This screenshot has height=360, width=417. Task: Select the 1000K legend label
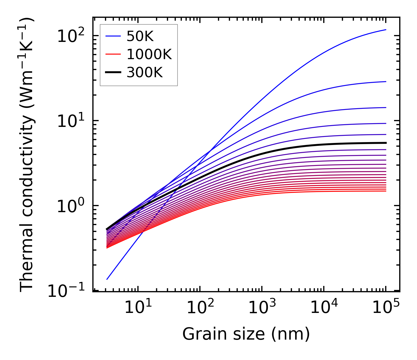(x=149, y=54)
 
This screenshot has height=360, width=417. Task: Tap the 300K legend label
(x=145, y=73)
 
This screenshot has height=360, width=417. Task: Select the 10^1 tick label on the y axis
(x=70, y=121)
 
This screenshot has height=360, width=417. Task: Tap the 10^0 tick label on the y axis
(x=70, y=206)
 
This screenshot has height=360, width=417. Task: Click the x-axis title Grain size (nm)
(x=246, y=334)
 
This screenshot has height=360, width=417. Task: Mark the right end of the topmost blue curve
(x=386, y=30)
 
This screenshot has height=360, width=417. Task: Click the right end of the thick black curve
(x=386, y=143)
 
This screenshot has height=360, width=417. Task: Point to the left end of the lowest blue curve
(x=107, y=279)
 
